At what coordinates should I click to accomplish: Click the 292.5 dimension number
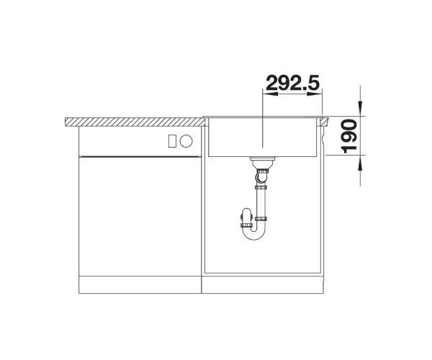(x=292, y=82)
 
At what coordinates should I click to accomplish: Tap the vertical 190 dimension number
(x=349, y=136)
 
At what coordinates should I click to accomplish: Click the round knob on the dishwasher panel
(x=186, y=140)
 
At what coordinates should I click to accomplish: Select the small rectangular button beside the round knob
(x=172, y=140)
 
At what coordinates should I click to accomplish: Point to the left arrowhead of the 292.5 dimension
(x=270, y=94)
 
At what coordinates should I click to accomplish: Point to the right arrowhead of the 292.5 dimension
(x=315, y=94)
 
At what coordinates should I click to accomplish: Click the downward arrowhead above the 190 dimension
(x=360, y=108)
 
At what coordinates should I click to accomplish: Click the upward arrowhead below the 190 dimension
(x=360, y=163)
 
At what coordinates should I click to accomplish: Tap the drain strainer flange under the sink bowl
(x=263, y=159)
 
